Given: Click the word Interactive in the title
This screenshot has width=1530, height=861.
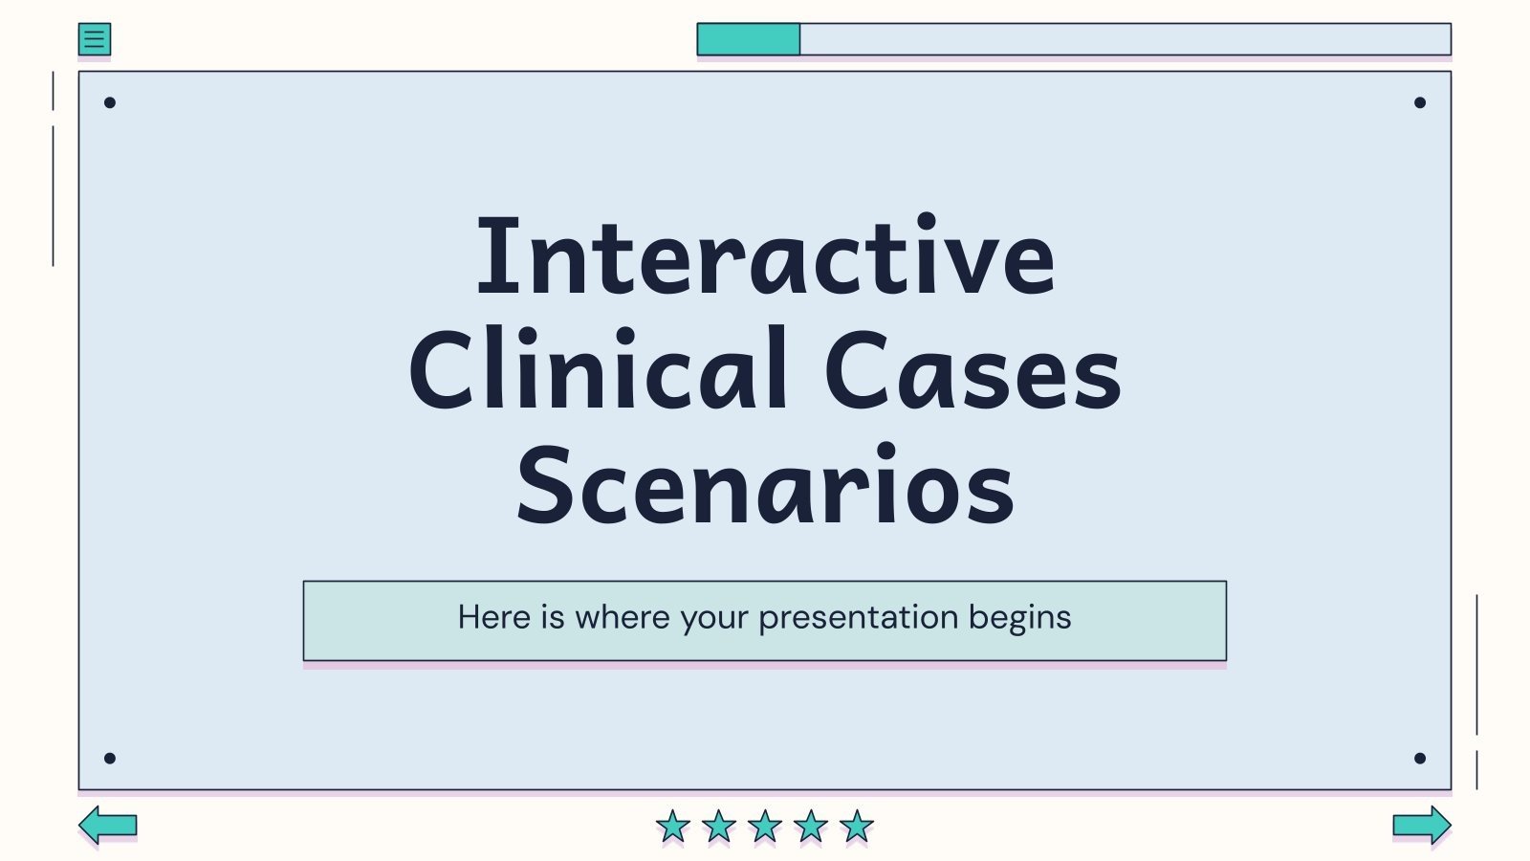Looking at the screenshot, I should (765, 256).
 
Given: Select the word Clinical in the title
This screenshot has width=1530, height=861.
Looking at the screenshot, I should (599, 371).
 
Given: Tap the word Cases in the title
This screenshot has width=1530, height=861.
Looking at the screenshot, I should (972, 371).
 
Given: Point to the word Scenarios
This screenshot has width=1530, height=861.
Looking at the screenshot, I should (765, 486).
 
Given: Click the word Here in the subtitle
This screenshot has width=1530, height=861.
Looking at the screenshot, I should (494, 618).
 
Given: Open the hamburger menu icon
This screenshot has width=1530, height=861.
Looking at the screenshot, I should (95, 39).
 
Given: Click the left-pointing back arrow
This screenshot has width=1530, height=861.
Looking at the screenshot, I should (108, 824).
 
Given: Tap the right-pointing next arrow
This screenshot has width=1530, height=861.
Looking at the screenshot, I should (1421, 824).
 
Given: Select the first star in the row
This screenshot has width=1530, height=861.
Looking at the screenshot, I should (673, 826).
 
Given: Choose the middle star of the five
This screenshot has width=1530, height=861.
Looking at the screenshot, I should (765, 826).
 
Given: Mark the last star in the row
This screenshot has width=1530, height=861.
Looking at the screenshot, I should (857, 826).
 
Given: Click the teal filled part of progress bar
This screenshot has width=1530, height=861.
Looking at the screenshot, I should (748, 39).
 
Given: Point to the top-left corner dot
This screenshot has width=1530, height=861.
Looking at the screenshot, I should (110, 102).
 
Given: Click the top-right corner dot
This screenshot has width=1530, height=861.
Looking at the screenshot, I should (1420, 102).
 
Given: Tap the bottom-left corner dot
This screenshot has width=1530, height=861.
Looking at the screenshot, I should (110, 759).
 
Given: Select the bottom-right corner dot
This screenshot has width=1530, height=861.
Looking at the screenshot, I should (1420, 759).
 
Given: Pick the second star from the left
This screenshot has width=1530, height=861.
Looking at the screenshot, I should (719, 826).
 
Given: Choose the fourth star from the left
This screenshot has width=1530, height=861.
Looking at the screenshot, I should (811, 826).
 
